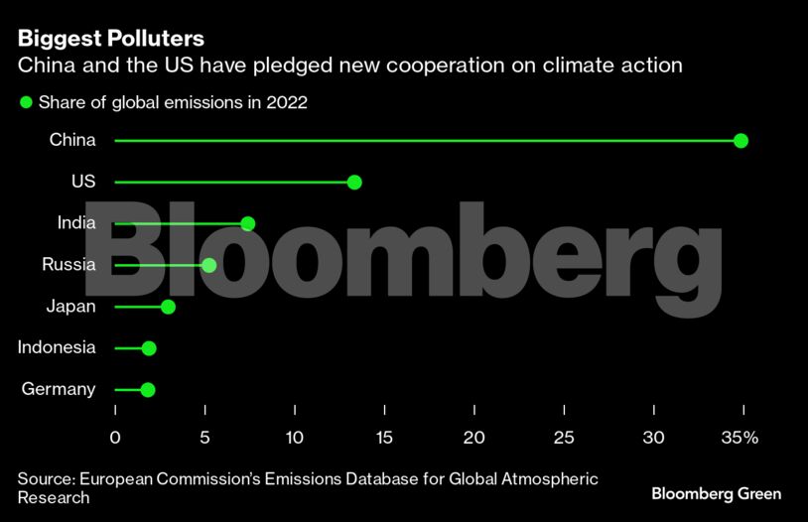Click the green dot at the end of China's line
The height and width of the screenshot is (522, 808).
(x=741, y=141)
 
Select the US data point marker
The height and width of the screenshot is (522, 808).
(x=354, y=183)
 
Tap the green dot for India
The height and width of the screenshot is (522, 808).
(x=247, y=223)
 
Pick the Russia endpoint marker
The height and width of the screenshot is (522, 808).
(x=208, y=265)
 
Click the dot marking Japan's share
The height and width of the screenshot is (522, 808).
(x=168, y=307)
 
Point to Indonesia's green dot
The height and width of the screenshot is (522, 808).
(x=149, y=348)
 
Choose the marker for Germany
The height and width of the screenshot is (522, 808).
(x=148, y=390)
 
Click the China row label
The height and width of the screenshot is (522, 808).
(x=72, y=140)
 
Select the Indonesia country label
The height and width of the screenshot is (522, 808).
(x=57, y=347)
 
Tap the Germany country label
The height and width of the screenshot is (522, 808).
(x=59, y=389)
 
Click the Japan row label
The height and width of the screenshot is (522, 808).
(x=70, y=306)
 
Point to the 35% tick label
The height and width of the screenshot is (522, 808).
(x=740, y=438)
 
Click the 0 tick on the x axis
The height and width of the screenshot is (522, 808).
(x=115, y=438)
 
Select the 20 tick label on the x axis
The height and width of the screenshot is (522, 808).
(x=474, y=438)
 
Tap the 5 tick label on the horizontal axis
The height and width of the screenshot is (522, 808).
(x=204, y=438)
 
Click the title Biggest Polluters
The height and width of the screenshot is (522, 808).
(x=111, y=39)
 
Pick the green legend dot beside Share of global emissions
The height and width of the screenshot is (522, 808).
(x=26, y=102)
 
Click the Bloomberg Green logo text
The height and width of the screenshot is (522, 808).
(x=716, y=493)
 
